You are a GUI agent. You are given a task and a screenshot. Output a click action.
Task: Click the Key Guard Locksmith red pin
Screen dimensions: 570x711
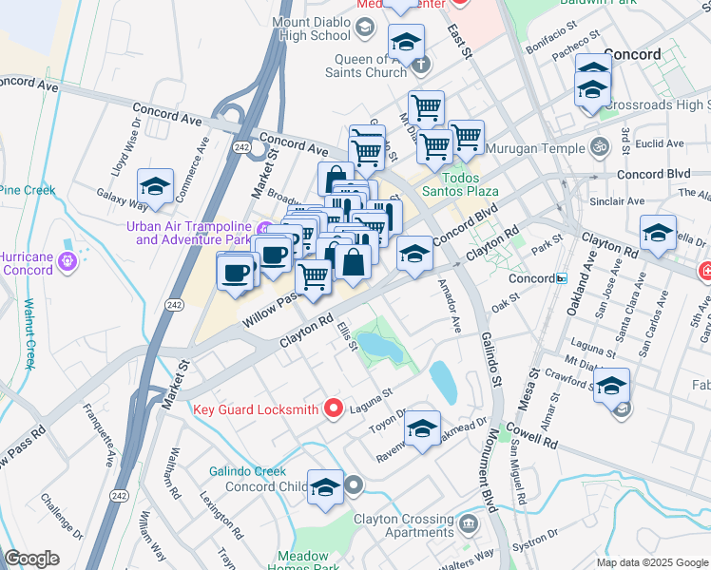tap(333, 408)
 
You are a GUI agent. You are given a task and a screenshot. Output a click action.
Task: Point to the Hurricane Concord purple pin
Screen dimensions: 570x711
tap(67, 260)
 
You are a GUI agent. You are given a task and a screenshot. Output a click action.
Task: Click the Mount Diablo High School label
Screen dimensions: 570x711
tap(311, 28)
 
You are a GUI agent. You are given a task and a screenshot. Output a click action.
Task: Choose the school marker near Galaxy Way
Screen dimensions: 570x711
tap(155, 187)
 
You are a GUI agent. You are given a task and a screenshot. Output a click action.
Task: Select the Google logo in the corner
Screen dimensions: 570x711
tap(31, 559)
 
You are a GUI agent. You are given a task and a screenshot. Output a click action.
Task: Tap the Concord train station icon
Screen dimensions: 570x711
tap(562, 279)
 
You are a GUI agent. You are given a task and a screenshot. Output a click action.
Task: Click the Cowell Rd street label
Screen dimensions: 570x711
tap(538, 442)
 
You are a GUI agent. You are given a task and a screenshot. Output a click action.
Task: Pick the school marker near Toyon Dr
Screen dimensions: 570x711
tap(422, 429)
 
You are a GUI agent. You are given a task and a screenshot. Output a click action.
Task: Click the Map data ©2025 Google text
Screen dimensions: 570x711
tap(651, 562)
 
